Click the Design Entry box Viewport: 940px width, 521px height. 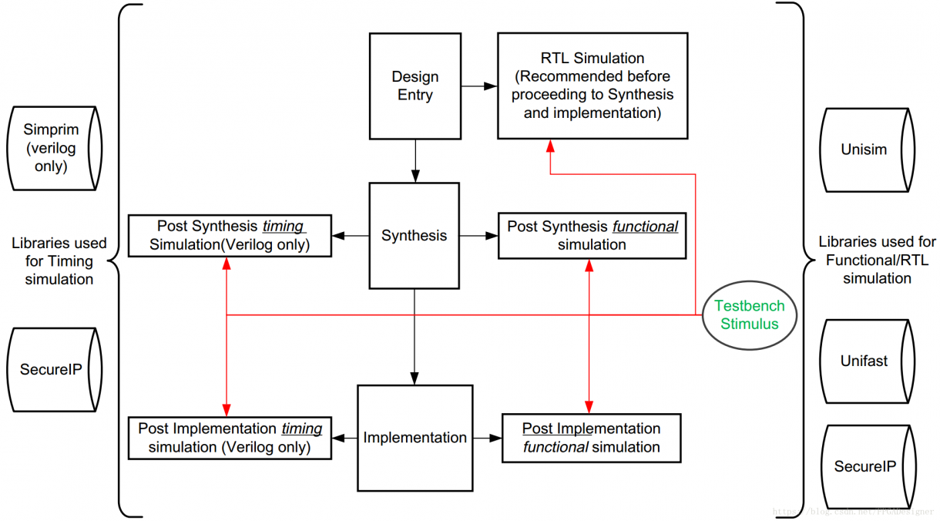(415, 86)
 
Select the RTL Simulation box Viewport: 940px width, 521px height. (592, 86)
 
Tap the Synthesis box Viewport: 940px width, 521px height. (414, 235)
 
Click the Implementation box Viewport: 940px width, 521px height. (415, 438)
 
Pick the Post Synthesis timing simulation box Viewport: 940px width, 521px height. (230, 236)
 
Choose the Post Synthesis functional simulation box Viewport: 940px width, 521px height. (592, 236)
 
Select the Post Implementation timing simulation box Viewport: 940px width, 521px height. (230, 438)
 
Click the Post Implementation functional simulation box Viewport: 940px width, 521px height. (591, 438)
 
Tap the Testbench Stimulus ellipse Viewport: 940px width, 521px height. (749, 314)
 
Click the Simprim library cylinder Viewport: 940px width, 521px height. (52, 148)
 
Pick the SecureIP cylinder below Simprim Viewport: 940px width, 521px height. (52, 370)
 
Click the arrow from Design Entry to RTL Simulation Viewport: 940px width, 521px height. (479, 86)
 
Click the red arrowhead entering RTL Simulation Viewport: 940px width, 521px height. (550, 146)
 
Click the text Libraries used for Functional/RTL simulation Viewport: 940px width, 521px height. (877, 260)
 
